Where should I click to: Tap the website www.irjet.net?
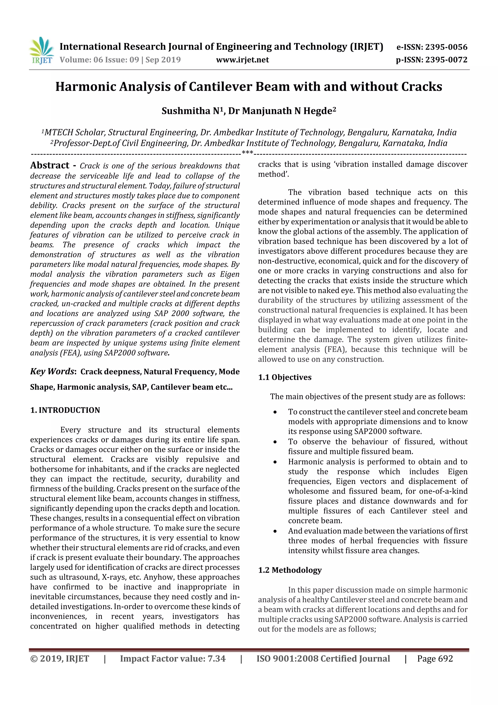tap(242, 60)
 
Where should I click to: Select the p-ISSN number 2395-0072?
tap(446, 60)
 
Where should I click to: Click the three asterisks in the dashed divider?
tap(247, 153)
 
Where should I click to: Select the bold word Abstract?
tap(50, 165)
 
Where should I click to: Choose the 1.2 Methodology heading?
tap(290, 570)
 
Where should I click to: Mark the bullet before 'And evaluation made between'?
tap(275, 531)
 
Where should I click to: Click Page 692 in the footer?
tap(435, 658)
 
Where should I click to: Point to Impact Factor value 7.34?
tap(172, 658)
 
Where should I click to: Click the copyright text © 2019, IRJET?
tap(60, 658)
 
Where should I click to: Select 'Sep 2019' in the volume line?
tap(163, 60)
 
